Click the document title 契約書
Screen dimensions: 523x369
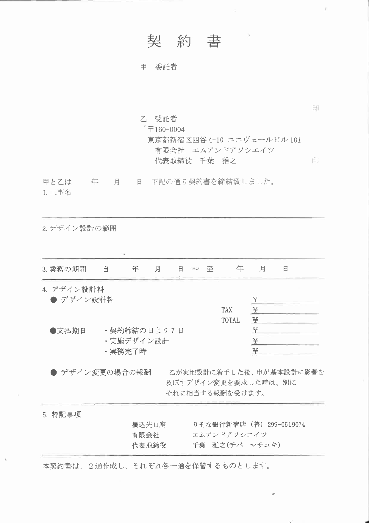[184, 41]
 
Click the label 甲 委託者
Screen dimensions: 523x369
[159, 67]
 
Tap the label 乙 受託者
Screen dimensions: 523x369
[159, 119]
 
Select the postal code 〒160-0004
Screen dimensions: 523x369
[166, 130]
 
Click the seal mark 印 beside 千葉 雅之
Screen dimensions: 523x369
[315, 161]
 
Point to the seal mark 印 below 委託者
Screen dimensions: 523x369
[316, 108]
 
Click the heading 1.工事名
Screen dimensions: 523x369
[57, 193]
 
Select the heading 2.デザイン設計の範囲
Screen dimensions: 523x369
[79, 229]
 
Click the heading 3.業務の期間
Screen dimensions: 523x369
[64, 269]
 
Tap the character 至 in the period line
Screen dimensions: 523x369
[210, 269]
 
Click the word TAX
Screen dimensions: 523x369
[227, 310]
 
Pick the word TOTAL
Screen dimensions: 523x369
[231, 321]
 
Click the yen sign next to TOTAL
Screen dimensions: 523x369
[255, 320]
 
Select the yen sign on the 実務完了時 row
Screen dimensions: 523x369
[255, 351]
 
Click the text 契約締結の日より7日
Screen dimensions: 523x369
[146, 331]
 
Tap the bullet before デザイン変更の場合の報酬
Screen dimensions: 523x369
[54, 372]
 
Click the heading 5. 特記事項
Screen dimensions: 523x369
[62, 414]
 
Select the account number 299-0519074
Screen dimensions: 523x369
[286, 425]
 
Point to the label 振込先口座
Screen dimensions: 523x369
[149, 425]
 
